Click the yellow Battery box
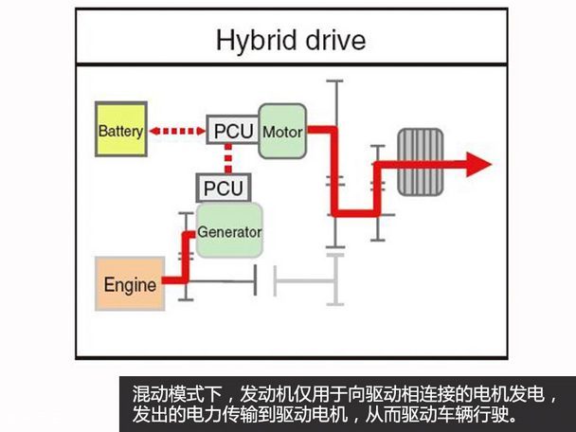point(120,131)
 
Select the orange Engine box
point(130,284)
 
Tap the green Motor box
point(280,131)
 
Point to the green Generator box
point(228,231)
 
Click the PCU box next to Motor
point(232,130)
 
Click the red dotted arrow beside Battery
point(176,131)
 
